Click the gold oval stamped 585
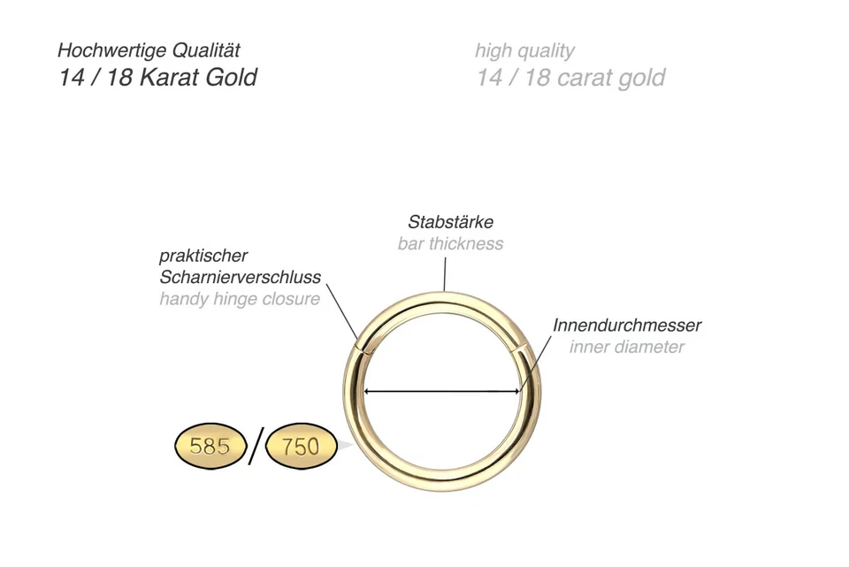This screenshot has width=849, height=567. pos(210,446)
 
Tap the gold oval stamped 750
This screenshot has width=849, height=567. pos(301,447)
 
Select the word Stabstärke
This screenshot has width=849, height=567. pos(450,221)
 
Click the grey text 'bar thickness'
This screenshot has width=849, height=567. pos(450,243)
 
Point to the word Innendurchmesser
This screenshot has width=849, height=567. pos(626,325)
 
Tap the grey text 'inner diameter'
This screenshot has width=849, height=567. pos(626,346)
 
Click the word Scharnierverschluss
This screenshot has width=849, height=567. pos(240,277)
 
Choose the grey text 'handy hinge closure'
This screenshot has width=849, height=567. pos(240,299)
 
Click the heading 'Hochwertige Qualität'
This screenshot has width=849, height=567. pos(149,50)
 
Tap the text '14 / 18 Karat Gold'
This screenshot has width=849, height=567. pos(158,77)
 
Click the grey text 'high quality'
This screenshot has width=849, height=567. pos(524,50)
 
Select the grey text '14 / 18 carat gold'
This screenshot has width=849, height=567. pos(570,78)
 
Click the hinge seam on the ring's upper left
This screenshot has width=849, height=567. pos(362,347)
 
